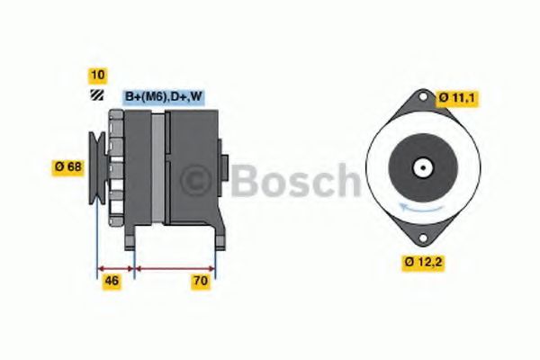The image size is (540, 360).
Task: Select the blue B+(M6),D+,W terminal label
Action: coord(163,96)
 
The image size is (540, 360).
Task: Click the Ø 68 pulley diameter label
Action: coord(69,166)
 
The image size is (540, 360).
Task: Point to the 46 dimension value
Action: coord(112,282)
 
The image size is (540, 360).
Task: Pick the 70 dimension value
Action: coord(201,282)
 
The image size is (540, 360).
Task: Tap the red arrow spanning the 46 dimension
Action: coord(114,267)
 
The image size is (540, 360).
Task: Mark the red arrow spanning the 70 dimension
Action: coord(174,267)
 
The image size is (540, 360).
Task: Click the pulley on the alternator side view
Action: coord(95,163)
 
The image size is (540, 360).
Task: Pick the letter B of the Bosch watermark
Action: coord(244,182)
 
